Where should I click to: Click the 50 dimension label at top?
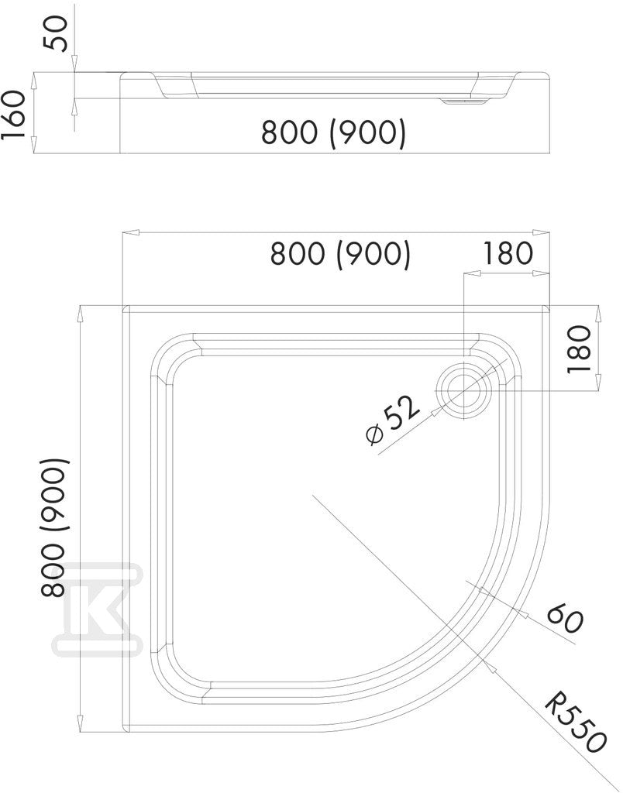[55, 33]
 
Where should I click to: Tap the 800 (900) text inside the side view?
[333, 132]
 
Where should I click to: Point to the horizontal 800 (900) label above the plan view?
[341, 253]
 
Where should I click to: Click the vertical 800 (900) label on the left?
[53, 528]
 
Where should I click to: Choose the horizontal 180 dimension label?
[508, 253]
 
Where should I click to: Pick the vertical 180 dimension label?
[580, 349]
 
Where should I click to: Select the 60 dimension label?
[565, 618]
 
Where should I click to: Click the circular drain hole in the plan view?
[463, 391]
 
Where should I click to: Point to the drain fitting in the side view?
[463, 101]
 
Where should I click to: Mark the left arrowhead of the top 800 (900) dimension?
[131, 232]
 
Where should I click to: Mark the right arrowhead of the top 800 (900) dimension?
[542, 232]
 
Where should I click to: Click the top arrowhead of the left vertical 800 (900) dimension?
[80, 314]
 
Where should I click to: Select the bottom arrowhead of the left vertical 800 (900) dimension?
[80, 723]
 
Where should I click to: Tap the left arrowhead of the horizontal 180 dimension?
[472, 273]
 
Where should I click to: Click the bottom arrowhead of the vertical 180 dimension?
[598, 383]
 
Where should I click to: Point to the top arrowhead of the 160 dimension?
[33, 80]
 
